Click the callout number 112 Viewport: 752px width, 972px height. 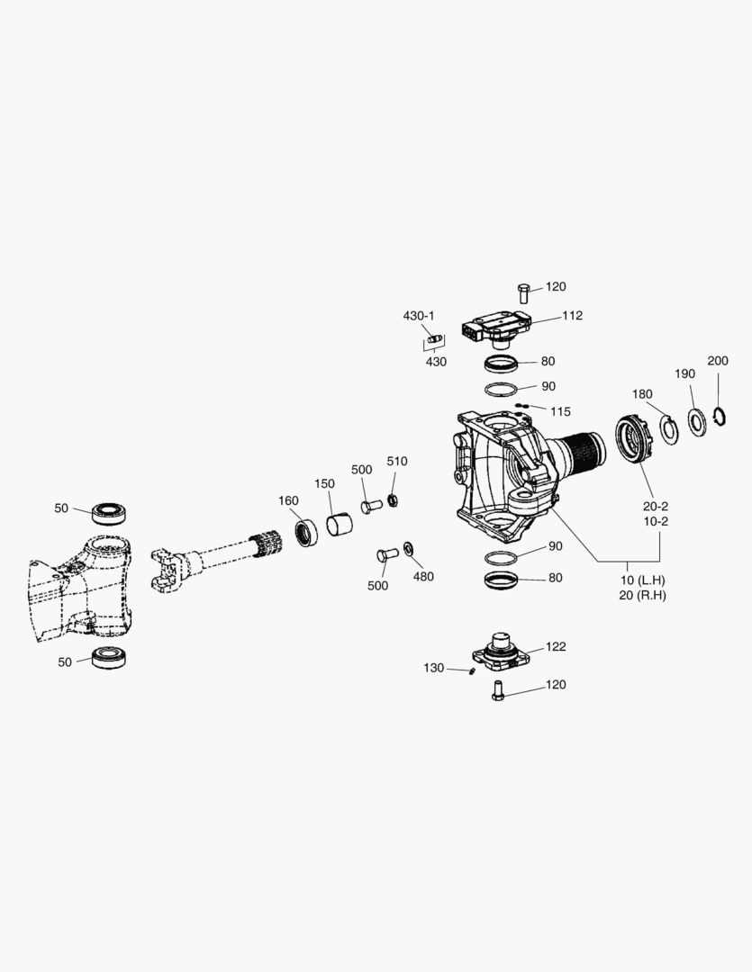point(572,316)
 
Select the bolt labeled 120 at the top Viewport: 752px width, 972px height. point(525,292)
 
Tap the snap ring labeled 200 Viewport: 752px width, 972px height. point(719,417)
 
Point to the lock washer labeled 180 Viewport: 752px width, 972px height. point(667,428)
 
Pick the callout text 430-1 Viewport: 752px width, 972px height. point(418,316)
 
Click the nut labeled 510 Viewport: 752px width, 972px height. point(393,499)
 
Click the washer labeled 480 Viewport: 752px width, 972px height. point(409,548)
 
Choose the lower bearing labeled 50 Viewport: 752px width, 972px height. point(112,656)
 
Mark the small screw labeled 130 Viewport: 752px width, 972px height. point(471,670)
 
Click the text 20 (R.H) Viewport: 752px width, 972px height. point(643,596)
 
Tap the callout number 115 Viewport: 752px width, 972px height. point(560,411)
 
